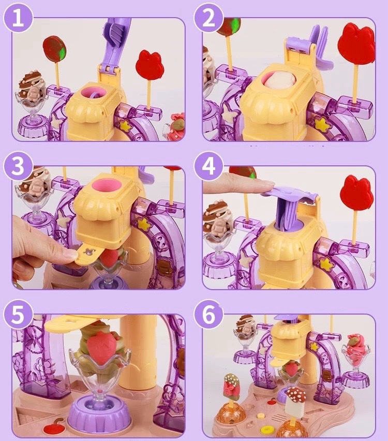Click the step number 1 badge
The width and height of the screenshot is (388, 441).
pyautogui.click(x=18, y=18)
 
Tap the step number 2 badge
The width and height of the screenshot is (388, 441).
pyautogui.click(x=208, y=18)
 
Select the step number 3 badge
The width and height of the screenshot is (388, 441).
pyautogui.click(x=18, y=166)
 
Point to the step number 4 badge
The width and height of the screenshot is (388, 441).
pyautogui.click(x=208, y=166)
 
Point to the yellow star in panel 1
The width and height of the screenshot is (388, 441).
pyautogui.click(x=124, y=125)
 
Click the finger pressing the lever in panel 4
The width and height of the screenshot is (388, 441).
pyautogui.click(x=238, y=187)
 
